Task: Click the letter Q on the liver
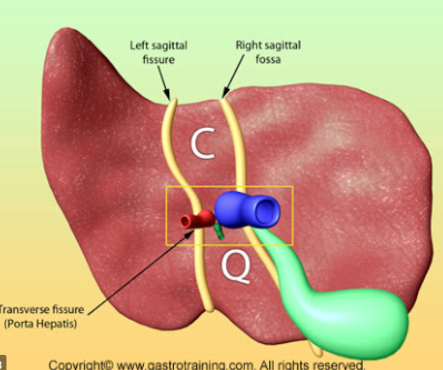click(x=237, y=268)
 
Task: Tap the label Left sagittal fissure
click(x=159, y=52)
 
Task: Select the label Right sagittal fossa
click(x=268, y=52)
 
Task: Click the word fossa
click(x=268, y=59)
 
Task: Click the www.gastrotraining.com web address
click(x=186, y=365)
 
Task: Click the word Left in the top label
click(x=139, y=46)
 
